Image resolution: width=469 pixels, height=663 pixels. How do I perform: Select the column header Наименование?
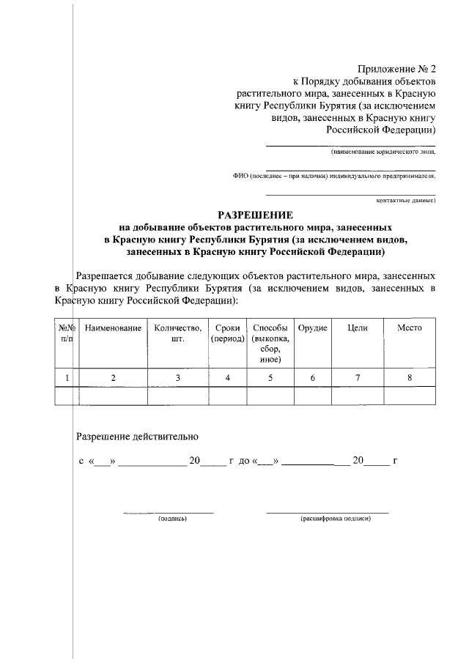coord(113,328)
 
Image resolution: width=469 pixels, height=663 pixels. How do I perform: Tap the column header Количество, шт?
coord(178,333)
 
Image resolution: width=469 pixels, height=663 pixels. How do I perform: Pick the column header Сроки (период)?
coord(228,333)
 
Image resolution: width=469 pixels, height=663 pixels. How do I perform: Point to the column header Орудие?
coord(313,328)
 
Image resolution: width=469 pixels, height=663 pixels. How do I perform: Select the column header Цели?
coord(358,328)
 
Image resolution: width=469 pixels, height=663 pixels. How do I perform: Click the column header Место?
coord(410,328)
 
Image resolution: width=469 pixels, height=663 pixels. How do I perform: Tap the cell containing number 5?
coord(270,378)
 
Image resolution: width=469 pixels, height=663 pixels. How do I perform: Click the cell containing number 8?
coord(410,378)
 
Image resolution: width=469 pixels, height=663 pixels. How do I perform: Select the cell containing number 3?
coord(178,378)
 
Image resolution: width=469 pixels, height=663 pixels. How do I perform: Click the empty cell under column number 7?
coord(358,396)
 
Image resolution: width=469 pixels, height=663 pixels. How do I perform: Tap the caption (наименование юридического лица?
coord(383,154)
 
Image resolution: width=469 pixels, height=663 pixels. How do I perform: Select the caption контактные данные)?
coord(406,199)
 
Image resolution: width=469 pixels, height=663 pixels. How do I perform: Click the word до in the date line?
coord(244,462)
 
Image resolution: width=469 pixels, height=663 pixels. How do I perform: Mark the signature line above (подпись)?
coord(168,512)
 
